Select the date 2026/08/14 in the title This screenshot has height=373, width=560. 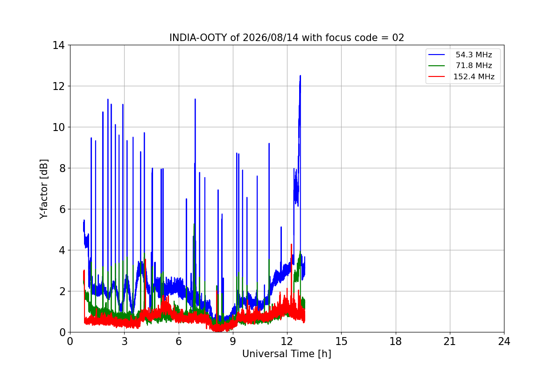271,38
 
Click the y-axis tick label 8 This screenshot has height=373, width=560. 62,168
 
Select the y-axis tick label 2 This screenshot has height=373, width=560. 62,291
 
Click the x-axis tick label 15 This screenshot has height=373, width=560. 341,341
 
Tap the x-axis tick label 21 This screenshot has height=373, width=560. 450,341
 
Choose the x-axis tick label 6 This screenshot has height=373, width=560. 179,341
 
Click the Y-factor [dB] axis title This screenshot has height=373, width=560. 43,189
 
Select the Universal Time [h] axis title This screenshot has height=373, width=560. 287,354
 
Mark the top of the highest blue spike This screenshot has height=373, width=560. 300,76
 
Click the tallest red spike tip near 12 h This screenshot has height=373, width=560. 292,244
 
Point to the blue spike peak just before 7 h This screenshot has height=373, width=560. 195,99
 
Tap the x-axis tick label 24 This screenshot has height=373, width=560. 504,341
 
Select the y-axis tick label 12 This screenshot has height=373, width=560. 58,86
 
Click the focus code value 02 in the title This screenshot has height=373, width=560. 398,38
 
